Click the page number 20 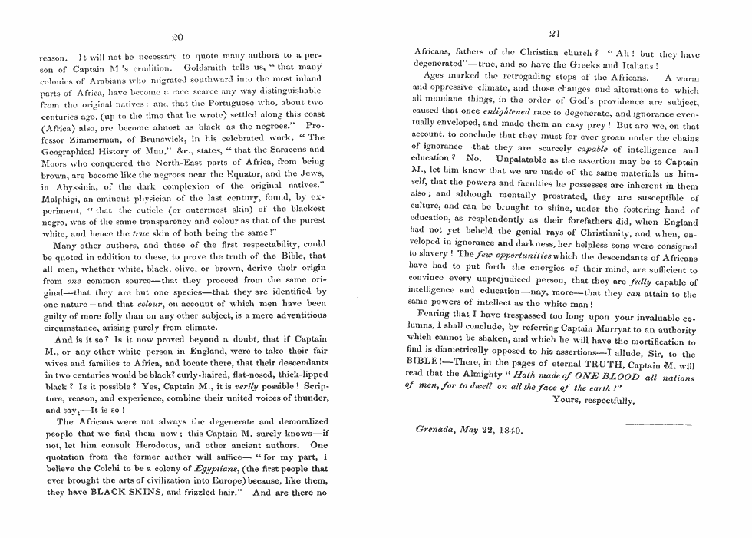coord(177,36)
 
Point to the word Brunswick coord(164,138)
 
